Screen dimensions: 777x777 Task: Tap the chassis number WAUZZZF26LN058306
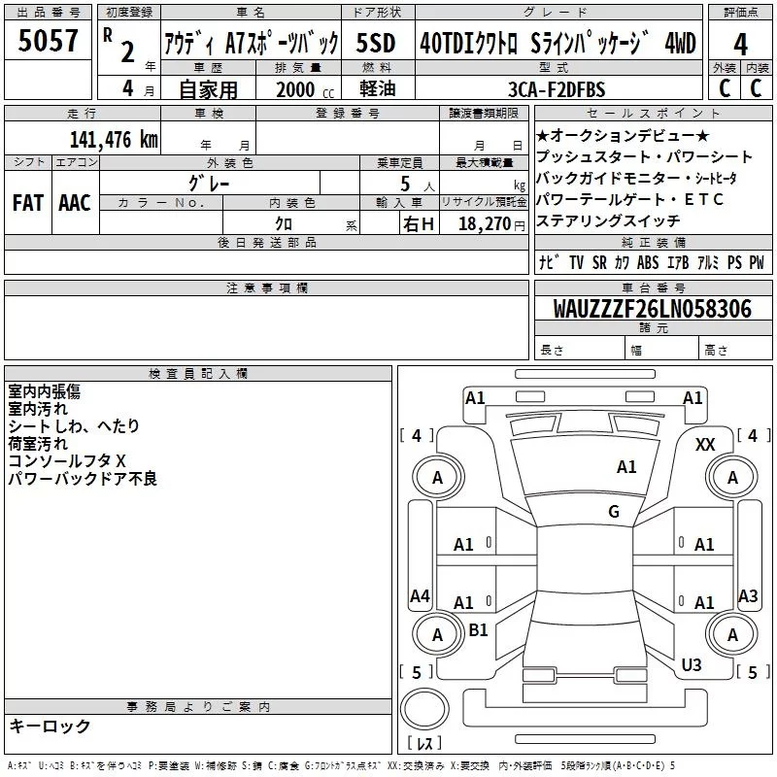(653, 309)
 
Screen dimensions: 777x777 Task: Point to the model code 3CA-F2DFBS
(555, 89)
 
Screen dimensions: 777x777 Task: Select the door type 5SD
(376, 44)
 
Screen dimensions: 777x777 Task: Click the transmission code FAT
(27, 203)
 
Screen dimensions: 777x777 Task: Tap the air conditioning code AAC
(75, 203)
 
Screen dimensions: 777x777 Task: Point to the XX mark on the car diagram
(706, 444)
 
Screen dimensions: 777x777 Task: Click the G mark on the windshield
(614, 512)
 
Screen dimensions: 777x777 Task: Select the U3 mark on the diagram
(692, 664)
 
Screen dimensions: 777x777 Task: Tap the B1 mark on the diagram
(478, 630)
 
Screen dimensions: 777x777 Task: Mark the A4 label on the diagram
(420, 596)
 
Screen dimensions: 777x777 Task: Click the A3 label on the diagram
(748, 596)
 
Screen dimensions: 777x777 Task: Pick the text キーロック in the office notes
(50, 726)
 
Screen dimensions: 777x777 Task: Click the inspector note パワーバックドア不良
(83, 479)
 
